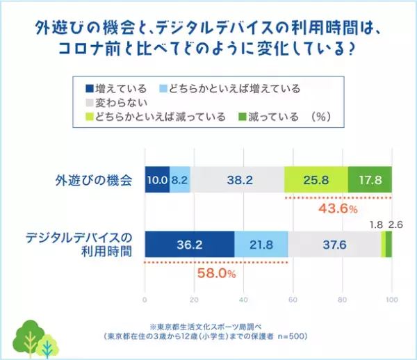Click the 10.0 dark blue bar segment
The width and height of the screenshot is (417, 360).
pyautogui.click(x=156, y=179)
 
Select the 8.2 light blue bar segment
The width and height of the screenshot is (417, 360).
pyautogui.click(x=179, y=179)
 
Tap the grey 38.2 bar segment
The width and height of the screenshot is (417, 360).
pyautogui.click(x=237, y=179)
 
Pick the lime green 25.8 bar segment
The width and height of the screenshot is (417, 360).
pyautogui.click(x=316, y=179)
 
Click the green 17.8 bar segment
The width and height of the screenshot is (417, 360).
pyautogui.click(x=370, y=179)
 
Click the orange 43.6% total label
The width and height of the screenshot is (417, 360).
pyautogui.click(x=338, y=207)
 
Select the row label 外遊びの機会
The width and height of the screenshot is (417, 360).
pyautogui.click(x=93, y=179)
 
